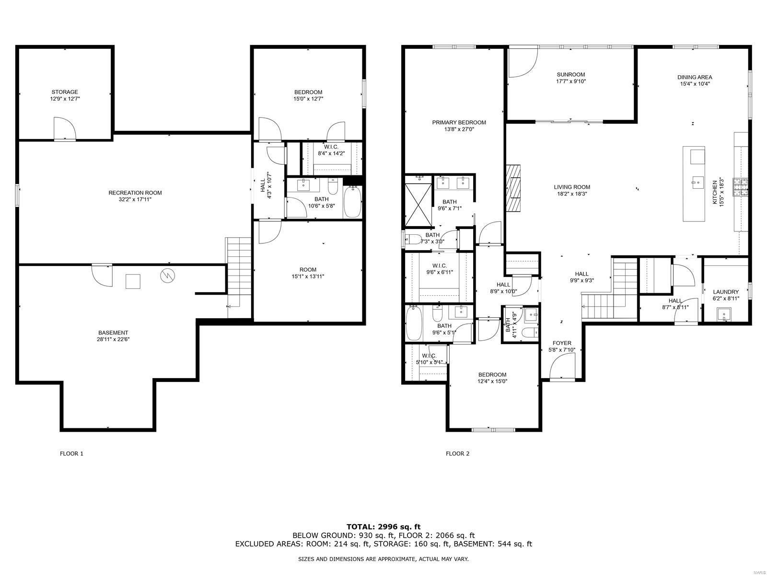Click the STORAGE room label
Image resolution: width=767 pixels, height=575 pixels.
pyautogui.click(x=65, y=92)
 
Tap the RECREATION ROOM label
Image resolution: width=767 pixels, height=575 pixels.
pyautogui.click(x=135, y=193)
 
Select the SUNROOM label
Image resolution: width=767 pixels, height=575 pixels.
pyautogui.click(x=570, y=74)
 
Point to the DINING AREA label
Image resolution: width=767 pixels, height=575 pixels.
pyautogui.click(x=695, y=77)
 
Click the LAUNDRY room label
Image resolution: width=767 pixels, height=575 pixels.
pyautogui.click(x=726, y=292)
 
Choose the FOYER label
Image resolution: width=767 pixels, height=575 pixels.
pyautogui.click(x=562, y=343)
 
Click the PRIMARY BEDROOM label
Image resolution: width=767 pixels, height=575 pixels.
pyautogui.click(x=459, y=123)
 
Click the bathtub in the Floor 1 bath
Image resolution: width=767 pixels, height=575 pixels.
pyautogui.click(x=353, y=202)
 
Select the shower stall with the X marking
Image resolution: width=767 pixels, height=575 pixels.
pyautogui.click(x=418, y=205)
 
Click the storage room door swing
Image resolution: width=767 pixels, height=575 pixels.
pyautogui.click(x=65, y=128)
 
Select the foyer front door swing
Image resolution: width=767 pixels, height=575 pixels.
pyautogui.click(x=562, y=366)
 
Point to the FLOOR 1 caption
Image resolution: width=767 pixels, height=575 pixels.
pyautogui.click(x=71, y=453)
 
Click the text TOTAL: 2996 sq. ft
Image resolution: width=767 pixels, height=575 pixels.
pyautogui.click(x=383, y=527)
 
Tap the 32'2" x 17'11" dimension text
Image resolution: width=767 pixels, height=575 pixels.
pyautogui.click(x=135, y=200)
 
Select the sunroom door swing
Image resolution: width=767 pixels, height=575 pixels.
pyautogui.click(x=523, y=62)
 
